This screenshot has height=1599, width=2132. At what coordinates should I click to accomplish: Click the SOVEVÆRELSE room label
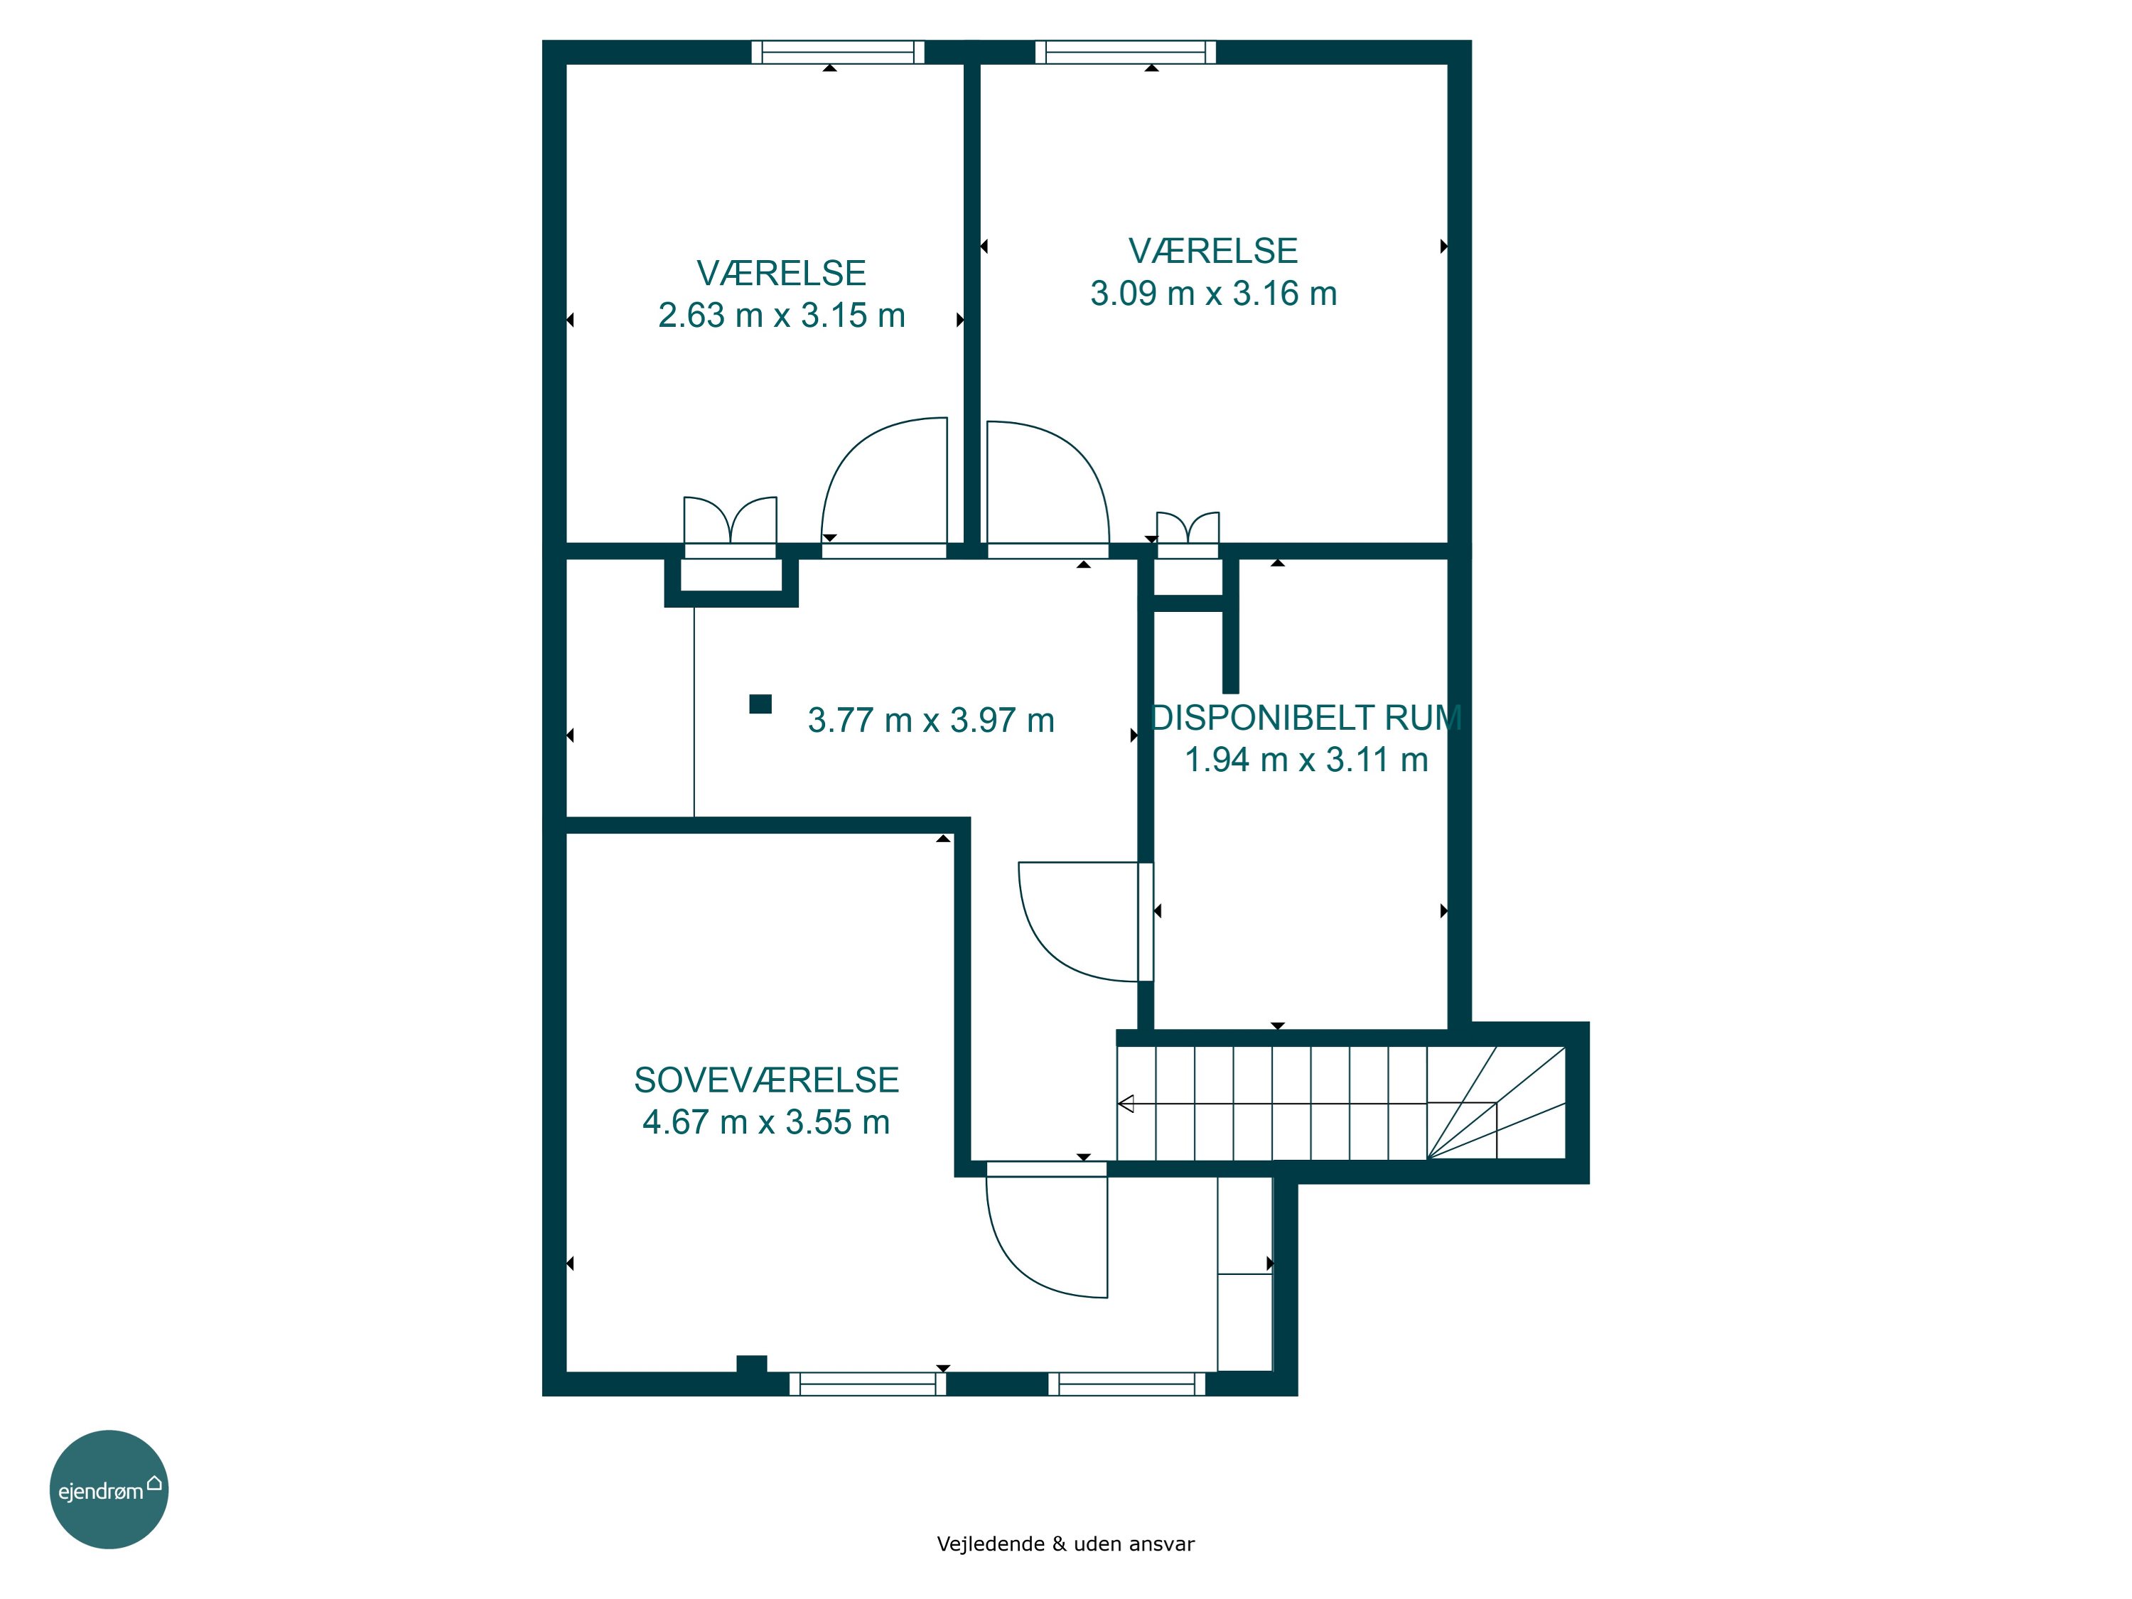pyautogui.click(x=766, y=1080)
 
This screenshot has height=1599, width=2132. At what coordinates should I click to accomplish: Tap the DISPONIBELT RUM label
pyautogui.click(x=1307, y=717)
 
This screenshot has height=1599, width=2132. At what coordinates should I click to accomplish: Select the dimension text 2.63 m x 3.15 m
pyautogui.click(x=782, y=315)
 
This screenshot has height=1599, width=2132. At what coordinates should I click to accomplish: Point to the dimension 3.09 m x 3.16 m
pyautogui.click(x=1214, y=293)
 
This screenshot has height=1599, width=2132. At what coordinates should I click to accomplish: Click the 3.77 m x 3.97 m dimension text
pyautogui.click(x=931, y=720)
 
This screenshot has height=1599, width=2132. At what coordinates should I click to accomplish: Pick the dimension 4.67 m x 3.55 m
pyautogui.click(x=766, y=1122)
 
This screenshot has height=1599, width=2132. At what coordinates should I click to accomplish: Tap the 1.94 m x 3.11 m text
pyautogui.click(x=1306, y=760)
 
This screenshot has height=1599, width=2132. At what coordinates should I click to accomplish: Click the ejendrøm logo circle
pyautogui.click(x=109, y=1489)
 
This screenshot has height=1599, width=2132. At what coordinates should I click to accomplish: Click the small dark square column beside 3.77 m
pyautogui.click(x=760, y=704)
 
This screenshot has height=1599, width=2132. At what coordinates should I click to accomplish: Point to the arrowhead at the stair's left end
pyautogui.click(x=1126, y=1104)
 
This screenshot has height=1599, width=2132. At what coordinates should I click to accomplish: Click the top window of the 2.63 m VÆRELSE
pyautogui.click(x=838, y=52)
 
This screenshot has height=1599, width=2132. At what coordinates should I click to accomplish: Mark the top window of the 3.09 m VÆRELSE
pyautogui.click(x=1126, y=52)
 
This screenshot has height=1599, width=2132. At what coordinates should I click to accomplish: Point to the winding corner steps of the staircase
pyautogui.click(x=1496, y=1103)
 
